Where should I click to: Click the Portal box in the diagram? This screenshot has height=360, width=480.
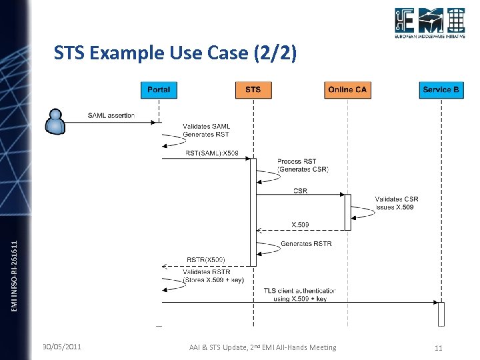click(x=159, y=90)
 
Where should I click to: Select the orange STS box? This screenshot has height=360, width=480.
click(x=253, y=90)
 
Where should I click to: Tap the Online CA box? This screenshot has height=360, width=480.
click(x=347, y=90)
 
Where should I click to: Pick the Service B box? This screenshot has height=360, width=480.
click(x=441, y=90)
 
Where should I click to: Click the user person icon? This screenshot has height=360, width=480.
click(x=55, y=121)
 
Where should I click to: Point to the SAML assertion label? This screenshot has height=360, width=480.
click(x=111, y=115)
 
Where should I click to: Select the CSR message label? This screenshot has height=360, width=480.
click(x=300, y=191)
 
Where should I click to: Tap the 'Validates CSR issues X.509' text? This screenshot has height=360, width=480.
click(x=397, y=203)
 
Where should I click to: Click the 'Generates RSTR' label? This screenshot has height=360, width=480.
click(x=306, y=244)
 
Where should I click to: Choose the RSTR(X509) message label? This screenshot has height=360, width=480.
click(x=205, y=259)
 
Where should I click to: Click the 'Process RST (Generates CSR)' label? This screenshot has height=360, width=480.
click(x=303, y=165)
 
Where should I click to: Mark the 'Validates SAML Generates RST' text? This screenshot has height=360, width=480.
click(x=206, y=131)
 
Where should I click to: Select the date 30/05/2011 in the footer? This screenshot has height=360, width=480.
click(x=62, y=347)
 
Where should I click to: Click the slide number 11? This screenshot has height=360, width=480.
click(x=438, y=347)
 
